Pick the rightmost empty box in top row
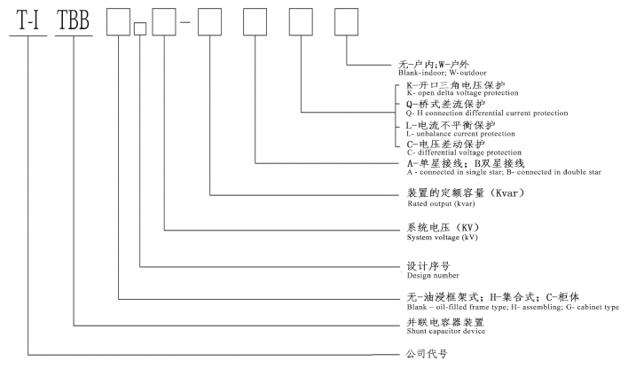pos(346,21)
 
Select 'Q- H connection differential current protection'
pos(487,114)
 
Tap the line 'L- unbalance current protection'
pos(456,134)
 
